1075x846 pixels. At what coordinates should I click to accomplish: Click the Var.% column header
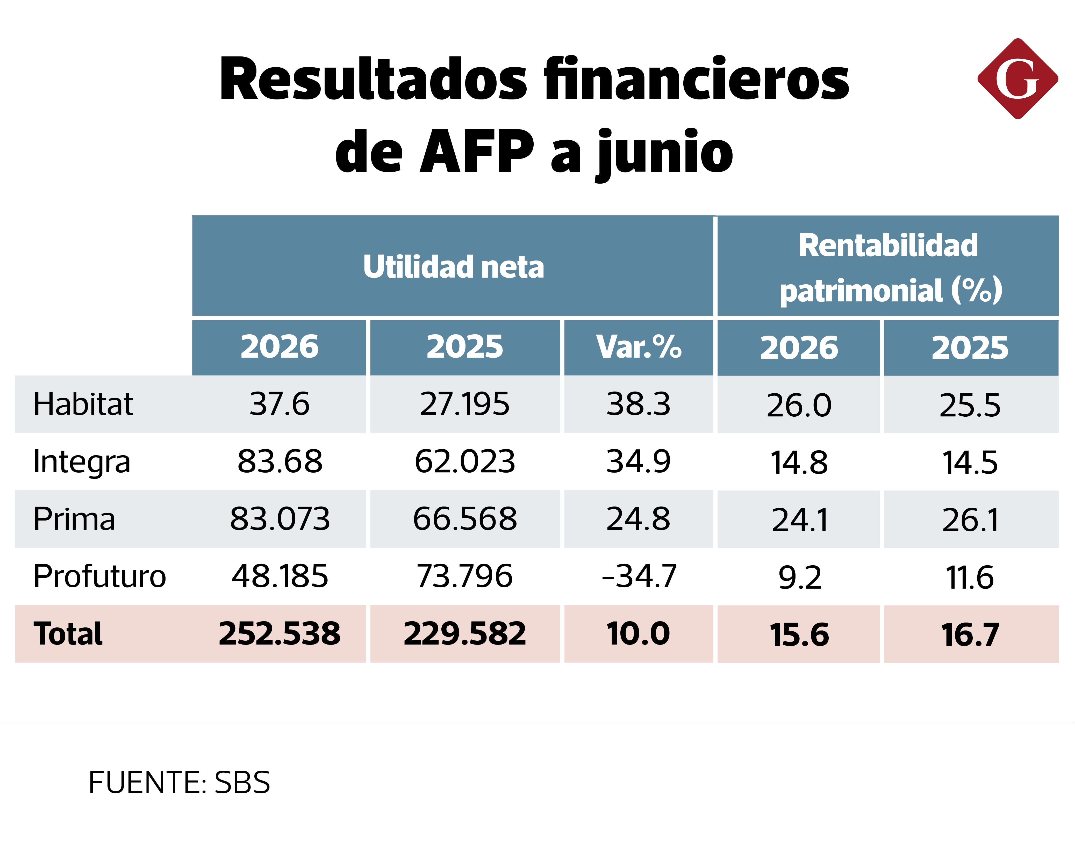(639, 347)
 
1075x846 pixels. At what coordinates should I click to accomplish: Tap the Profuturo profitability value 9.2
(800, 577)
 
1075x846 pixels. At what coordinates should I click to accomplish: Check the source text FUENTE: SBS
(179, 783)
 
